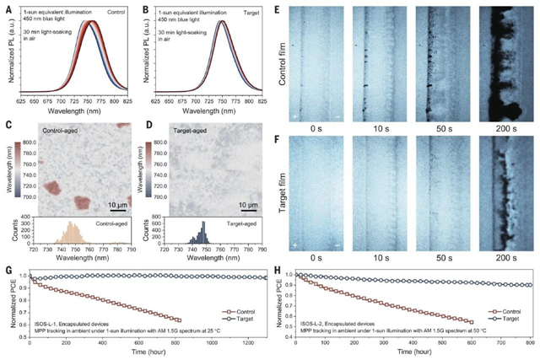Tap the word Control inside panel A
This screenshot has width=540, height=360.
127,12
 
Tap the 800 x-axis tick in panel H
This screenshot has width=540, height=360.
528,344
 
